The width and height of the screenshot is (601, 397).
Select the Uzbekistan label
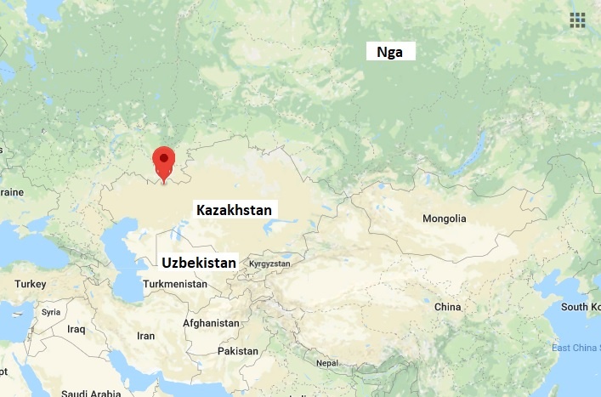click(x=198, y=263)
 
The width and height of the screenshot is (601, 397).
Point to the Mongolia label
click(x=445, y=218)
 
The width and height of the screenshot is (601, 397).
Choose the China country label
click(x=447, y=306)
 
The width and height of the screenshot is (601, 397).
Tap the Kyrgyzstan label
click(x=269, y=264)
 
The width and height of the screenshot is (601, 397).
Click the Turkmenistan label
click(x=177, y=283)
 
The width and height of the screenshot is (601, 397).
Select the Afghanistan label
click(x=211, y=323)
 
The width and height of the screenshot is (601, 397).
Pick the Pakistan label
click(x=237, y=351)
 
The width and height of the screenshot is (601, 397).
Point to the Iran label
click(x=145, y=336)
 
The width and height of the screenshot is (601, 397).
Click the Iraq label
click(x=77, y=329)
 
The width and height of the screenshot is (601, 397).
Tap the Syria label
click(x=51, y=312)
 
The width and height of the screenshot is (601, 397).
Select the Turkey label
click(x=30, y=283)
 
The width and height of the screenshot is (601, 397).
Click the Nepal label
click(x=327, y=363)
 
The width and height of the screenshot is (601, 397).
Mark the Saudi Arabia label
click(x=90, y=393)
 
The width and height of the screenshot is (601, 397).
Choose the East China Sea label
click(x=575, y=348)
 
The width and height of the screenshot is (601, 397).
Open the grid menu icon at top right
click(x=578, y=20)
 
